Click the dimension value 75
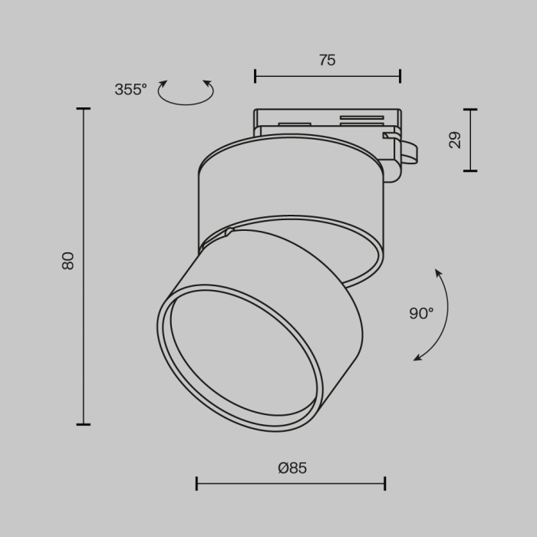328,60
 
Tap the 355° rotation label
130,90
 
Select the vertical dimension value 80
68,261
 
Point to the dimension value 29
455,140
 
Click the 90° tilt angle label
421,313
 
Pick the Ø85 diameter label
292,468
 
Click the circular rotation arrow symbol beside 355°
186,92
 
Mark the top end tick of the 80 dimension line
83,109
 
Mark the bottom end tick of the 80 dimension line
83,424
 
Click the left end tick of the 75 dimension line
255,76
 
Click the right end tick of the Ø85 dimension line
384,483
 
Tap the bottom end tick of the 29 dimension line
469,170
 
